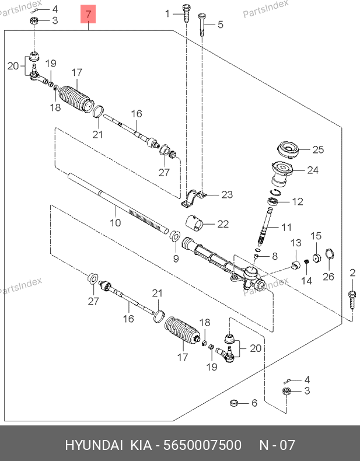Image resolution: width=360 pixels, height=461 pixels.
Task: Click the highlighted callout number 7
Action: pyautogui.click(x=88, y=13)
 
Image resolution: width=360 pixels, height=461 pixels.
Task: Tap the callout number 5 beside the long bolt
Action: pyautogui.click(x=220, y=25)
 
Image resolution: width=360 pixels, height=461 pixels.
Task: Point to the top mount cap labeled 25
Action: pyautogui.click(x=289, y=149)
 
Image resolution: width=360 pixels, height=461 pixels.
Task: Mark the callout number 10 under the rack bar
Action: pyautogui.click(x=115, y=222)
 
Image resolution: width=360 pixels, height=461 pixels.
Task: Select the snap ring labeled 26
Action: pyautogui.click(x=328, y=256)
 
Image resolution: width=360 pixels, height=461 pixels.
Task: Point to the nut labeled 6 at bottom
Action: pyautogui.click(x=233, y=402)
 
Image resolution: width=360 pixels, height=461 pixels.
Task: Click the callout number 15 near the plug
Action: pyautogui.click(x=316, y=236)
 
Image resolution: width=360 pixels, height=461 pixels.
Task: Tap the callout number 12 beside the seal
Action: pyautogui.click(x=298, y=201)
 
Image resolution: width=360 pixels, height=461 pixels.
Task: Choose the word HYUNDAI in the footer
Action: pyautogui.click(x=93, y=445)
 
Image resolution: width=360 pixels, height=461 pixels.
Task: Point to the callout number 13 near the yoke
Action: pyautogui.click(x=295, y=243)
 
